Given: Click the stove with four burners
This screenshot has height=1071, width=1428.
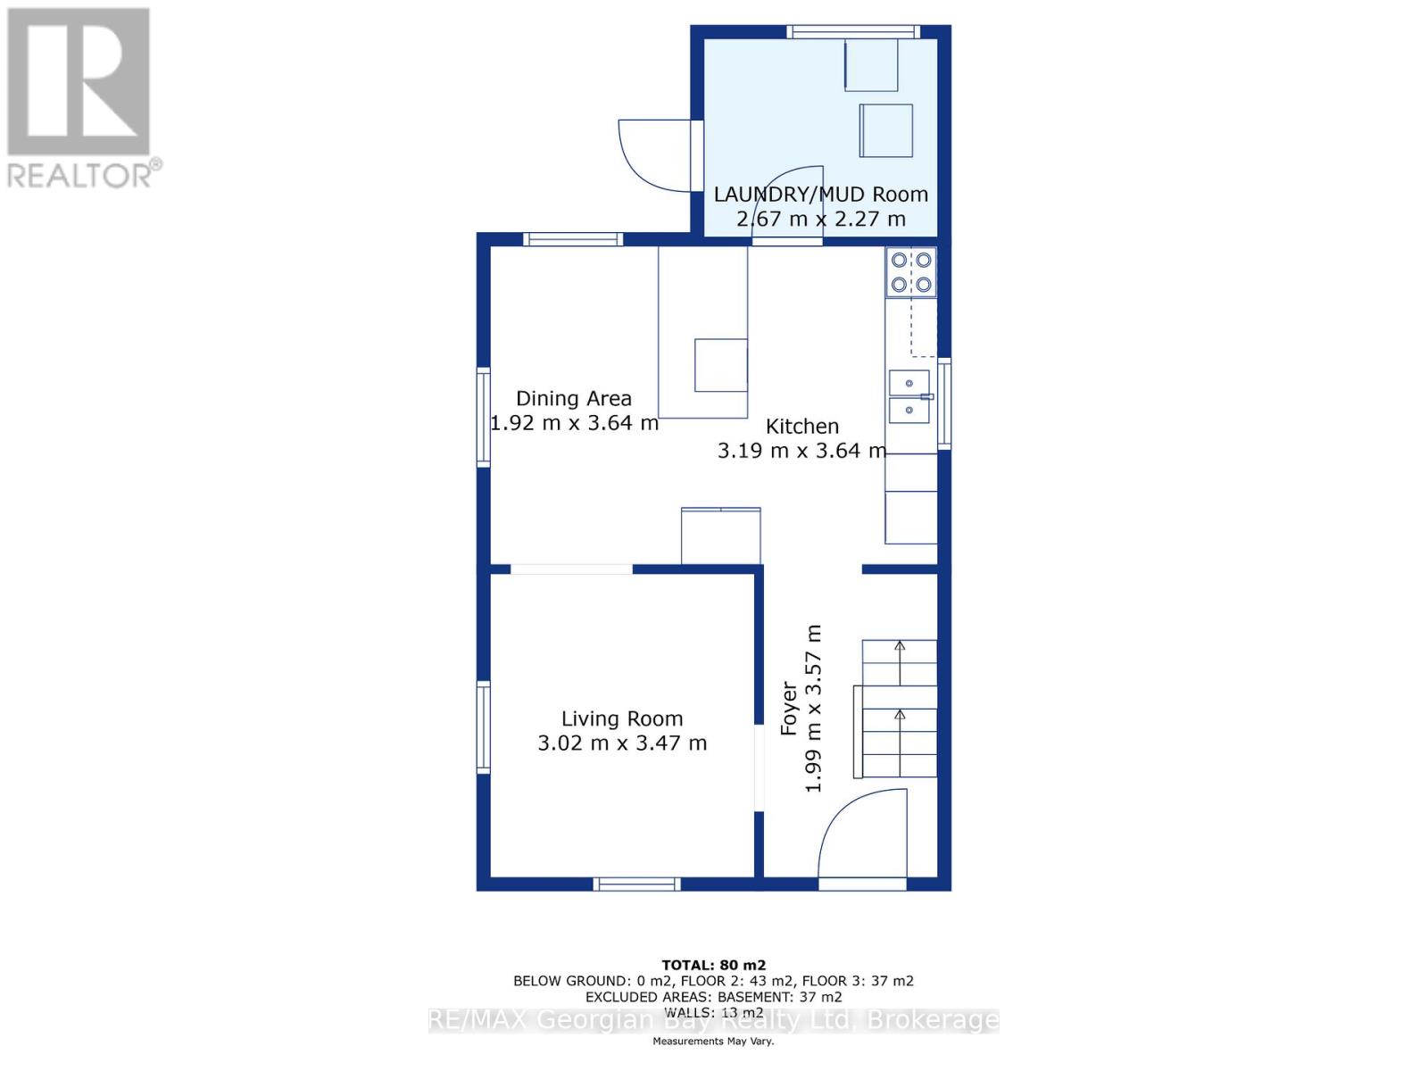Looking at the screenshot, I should coord(911,272).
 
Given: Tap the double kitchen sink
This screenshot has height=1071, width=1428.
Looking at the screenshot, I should coord(909,396).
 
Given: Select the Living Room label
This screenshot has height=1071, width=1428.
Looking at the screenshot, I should coord(622,718).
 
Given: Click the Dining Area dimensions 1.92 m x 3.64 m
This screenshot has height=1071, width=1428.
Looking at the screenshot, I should coord(574,423).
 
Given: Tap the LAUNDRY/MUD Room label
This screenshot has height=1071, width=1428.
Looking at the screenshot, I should coord(820,194).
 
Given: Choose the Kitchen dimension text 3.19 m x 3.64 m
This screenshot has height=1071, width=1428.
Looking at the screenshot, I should coord(801,451).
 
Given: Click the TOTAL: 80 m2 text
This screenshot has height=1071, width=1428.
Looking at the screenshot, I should coord(713,965).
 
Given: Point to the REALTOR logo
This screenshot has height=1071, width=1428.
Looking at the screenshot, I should coord(80,98).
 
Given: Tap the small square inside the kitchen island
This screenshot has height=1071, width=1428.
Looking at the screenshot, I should coord(721,364).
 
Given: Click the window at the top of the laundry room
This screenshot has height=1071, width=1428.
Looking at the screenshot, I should coord(852,32).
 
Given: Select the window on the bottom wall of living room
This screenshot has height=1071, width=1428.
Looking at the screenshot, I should coord(637,884).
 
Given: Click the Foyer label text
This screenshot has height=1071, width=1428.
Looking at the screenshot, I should coord(789,709).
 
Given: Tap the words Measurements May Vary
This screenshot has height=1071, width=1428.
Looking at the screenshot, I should coord(713,1042).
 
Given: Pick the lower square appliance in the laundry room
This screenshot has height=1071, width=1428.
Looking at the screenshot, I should coord(886,130).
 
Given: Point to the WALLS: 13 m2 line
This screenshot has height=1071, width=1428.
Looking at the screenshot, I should coord(713,1012).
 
